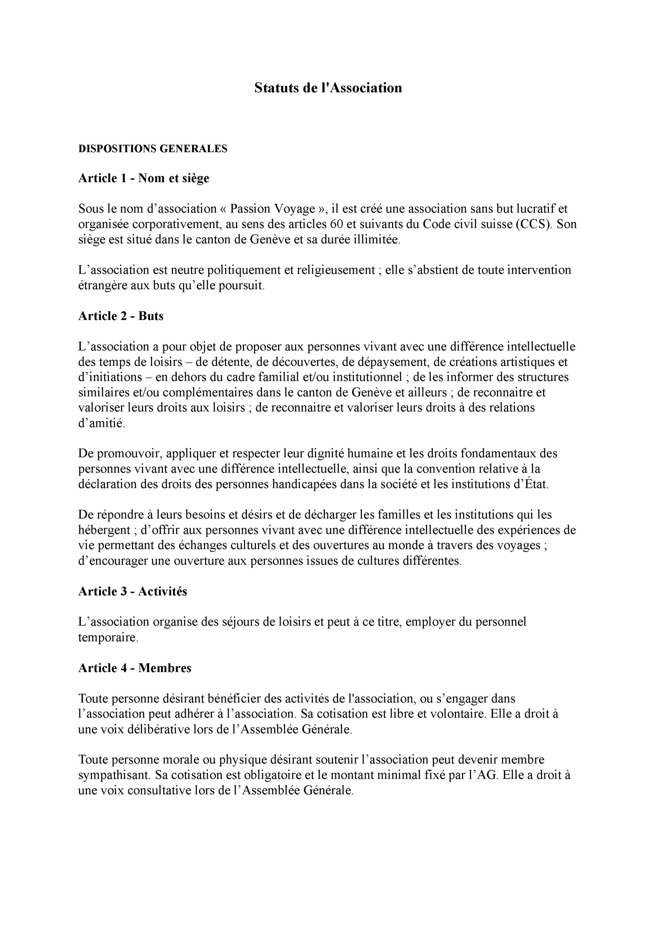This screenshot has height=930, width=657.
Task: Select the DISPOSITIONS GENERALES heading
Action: pos(152,149)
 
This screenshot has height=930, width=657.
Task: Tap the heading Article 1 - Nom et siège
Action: pos(143,178)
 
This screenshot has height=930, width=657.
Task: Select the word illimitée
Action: pos(377,240)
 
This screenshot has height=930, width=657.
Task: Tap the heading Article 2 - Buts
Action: pos(121,316)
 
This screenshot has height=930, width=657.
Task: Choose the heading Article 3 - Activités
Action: pos(132,591)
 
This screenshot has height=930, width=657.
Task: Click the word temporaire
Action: pos(108,638)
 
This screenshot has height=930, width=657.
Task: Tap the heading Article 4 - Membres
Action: pos(134,668)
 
